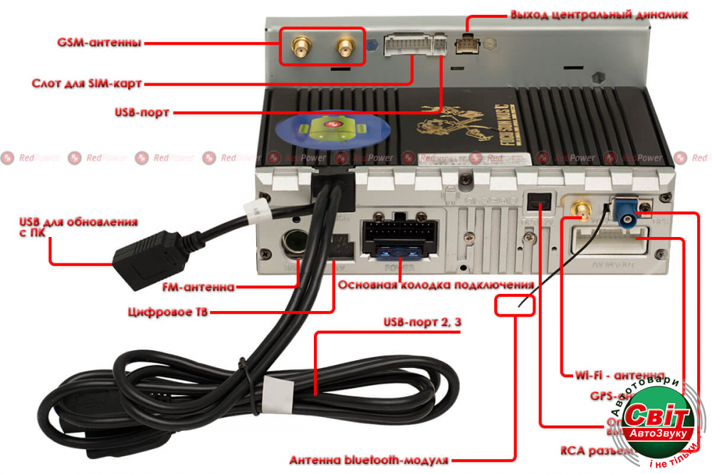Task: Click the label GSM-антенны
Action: (x=99, y=43)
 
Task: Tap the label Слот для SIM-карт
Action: (x=87, y=84)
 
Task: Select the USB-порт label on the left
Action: (x=143, y=112)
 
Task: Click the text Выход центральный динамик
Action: (x=599, y=15)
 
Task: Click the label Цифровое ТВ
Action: (x=169, y=312)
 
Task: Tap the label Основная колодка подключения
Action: (x=436, y=285)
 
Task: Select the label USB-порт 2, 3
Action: (x=423, y=323)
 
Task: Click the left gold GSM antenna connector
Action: (x=298, y=48)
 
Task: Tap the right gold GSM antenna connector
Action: (x=345, y=48)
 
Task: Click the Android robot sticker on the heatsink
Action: (x=328, y=130)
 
